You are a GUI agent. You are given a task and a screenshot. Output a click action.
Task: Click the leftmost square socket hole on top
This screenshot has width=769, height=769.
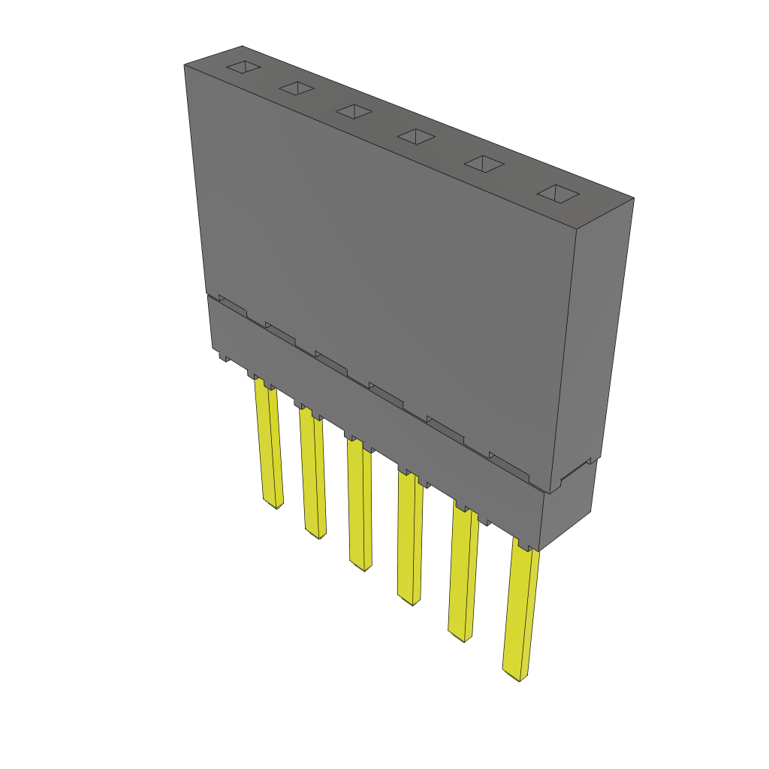click(244, 67)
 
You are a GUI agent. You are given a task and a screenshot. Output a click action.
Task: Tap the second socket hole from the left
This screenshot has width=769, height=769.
click(296, 89)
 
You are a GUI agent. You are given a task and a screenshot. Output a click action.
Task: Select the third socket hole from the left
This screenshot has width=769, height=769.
click(354, 111)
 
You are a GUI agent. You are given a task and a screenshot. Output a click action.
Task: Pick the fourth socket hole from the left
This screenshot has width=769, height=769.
click(416, 136)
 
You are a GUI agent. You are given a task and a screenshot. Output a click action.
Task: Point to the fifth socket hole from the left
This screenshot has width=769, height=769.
click(483, 164)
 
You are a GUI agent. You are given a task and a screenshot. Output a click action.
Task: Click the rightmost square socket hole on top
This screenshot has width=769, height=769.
click(557, 193)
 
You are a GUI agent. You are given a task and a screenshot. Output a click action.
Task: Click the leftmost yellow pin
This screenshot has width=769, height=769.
click(269, 443)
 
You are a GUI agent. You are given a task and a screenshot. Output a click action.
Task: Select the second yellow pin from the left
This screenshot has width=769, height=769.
click(312, 473)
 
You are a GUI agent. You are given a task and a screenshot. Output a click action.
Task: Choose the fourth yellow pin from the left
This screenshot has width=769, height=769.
click(409, 537)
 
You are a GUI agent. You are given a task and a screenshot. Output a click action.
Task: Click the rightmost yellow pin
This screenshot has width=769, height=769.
click(520, 612)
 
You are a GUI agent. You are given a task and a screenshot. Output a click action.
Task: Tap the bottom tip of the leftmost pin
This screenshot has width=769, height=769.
click(273, 505)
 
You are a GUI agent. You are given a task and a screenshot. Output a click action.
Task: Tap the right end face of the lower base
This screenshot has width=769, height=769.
click(568, 507)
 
